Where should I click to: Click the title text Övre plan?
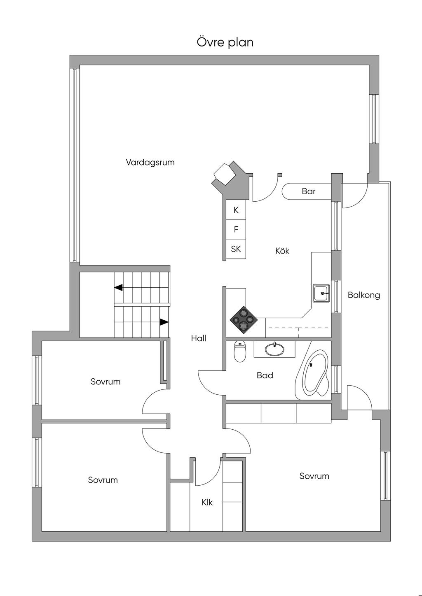[225, 42]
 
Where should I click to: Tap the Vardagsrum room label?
[150, 162]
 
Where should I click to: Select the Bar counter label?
[309, 191]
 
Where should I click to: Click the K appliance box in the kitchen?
[236, 210]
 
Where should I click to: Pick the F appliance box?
[236, 230]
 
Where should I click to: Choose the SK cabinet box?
[236, 249]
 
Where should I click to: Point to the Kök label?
[282, 251]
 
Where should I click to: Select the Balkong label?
[364, 295]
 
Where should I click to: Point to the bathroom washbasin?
[274, 350]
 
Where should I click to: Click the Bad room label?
[265, 375]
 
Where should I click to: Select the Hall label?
[199, 338]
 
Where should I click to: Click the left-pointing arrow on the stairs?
[118, 288]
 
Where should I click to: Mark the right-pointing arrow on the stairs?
[164, 322]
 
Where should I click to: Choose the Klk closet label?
[207, 502]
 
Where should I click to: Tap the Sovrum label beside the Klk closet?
[314, 476]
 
